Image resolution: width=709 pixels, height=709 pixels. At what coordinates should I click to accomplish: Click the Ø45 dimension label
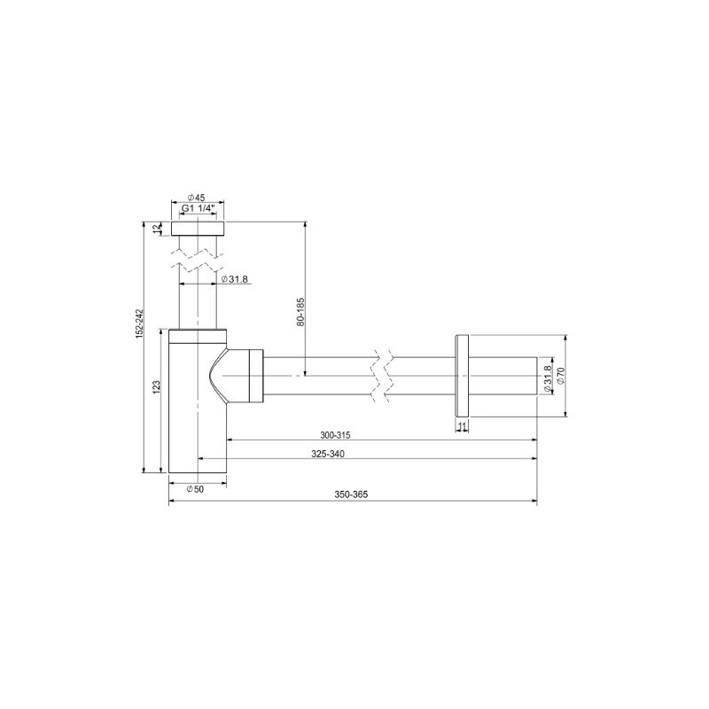coord(197,198)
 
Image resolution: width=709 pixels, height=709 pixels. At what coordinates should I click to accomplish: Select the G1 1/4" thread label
coord(197,209)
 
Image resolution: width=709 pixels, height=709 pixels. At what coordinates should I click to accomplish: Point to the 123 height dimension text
coord(156,387)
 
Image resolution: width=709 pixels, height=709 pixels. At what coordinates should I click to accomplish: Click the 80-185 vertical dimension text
coord(300,313)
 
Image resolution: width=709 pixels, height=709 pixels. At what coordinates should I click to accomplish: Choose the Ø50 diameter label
coord(196,489)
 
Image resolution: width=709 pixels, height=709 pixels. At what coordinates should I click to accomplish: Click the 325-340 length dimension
coord(328,454)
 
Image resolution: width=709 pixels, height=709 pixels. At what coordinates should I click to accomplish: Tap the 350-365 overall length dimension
coord(352,495)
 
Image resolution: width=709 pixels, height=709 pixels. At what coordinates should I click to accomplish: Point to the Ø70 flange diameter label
coord(560,376)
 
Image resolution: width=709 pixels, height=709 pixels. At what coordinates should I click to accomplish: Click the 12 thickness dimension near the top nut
coord(158,229)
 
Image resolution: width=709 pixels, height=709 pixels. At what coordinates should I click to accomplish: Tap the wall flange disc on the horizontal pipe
coord(462,375)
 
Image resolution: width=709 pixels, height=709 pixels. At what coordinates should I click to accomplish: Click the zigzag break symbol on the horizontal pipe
coord(382,376)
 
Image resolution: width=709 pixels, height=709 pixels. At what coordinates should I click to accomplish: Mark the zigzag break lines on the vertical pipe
coord(198,259)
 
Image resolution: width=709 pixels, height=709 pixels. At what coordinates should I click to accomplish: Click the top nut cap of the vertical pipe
coord(198,229)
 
